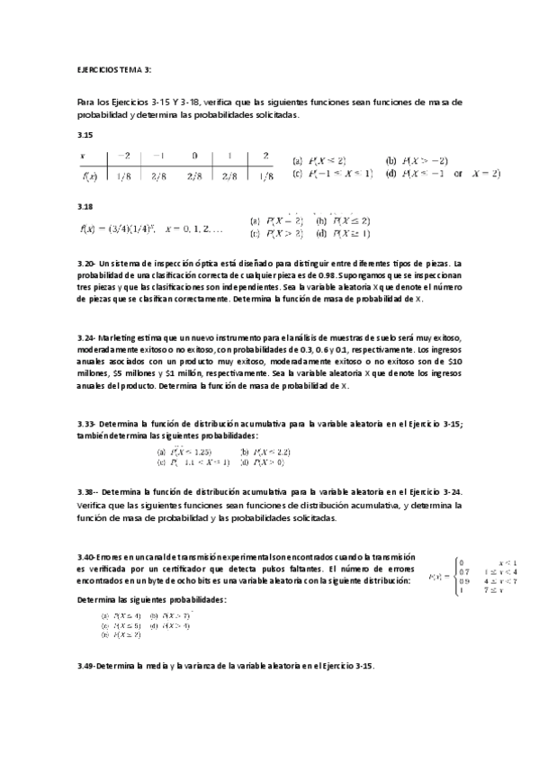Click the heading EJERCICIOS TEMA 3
point(114,69)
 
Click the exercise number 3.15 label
point(85,134)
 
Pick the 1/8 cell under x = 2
point(265,175)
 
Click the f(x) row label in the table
point(89,175)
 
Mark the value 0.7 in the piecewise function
point(463,571)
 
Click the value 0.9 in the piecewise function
point(463,580)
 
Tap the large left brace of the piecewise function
point(455,576)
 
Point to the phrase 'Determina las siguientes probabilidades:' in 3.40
point(152,598)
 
